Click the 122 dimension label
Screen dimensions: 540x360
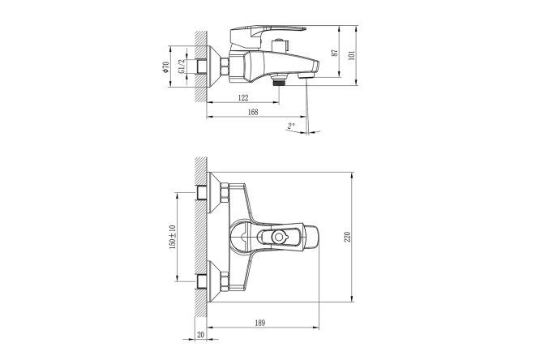pyautogui.click(x=243, y=98)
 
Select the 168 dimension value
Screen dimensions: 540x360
pyautogui.click(x=253, y=113)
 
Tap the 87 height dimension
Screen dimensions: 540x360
pyautogui.click(x=334, y=53)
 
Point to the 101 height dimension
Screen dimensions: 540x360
pyautogui.click(x=352, y=55)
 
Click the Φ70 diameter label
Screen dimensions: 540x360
pyautogui.click(x=166, y=66)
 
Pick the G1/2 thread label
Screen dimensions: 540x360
pyautogui.click(x=182, y=66)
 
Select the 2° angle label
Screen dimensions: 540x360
pyautogui.click(x=291, y=126)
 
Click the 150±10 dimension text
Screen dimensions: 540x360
pyautogui.click(x=173, y=237)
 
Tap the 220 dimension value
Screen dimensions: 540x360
pyautogui.click(x=348, y=237)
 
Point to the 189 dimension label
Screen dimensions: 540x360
pyautogui.click(x=260, y=324)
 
